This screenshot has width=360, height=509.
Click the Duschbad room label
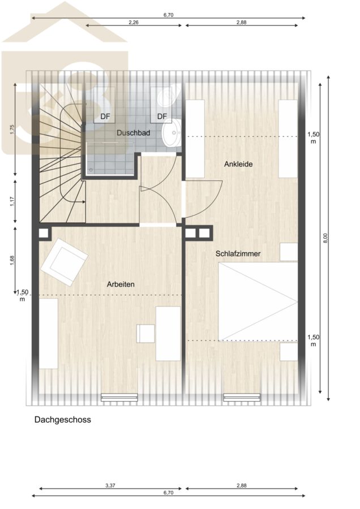pyautogui.click(x=133, y=133)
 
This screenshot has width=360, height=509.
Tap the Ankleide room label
pyautogui.click(x=238, y=164)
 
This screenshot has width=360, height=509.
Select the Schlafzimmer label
pyautogui.click(x=238, y=253)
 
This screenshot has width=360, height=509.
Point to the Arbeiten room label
pyautogui.click(x=121, y=284)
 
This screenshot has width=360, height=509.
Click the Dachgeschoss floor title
pyautogui.click(x=63, y=420)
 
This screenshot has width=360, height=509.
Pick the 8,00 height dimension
pyautogui.click(x=326, y=238)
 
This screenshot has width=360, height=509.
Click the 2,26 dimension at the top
pyautogui.click(x=134, y=23)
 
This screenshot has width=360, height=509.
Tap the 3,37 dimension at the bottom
pyautogui.click(x=110, y=486)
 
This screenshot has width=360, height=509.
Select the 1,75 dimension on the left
pyautogui.click(x=12, y=129)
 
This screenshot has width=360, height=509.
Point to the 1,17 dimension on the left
pyautogui.click(x=12, y=201)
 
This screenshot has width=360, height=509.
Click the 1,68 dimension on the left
pyautogui.click(x=12, y=261)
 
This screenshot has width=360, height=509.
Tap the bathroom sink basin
pyautogui.click(x=172, y=132)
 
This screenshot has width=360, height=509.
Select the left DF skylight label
pyautogui.click(x=105, y=116)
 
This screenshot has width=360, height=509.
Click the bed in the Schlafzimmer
pyautogui.click(x=258, y=301)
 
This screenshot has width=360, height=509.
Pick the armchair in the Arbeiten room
pyautogui.click(x=65, y=262)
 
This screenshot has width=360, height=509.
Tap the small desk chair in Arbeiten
pyautogui.click(x=145, y=333)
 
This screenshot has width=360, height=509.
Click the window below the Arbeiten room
pyautogui.click(x=119, y=398)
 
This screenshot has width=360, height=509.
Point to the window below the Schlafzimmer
pyautogui.click(x=242, y=398)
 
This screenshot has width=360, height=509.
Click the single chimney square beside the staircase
pyautogui.click(x=44, y=233)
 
